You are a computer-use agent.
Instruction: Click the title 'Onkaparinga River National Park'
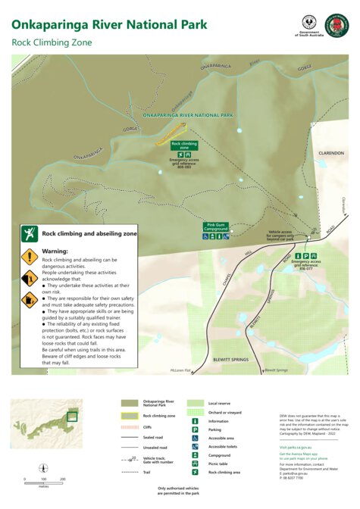109,25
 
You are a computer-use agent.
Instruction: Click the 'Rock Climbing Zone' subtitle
52,43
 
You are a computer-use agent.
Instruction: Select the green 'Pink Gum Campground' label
217,225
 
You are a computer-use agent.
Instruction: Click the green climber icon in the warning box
30,234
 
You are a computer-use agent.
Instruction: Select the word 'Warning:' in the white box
55,251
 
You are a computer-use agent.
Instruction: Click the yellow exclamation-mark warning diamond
29,256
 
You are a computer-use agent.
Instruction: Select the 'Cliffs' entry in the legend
148,428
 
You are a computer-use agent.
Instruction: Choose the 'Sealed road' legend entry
153,437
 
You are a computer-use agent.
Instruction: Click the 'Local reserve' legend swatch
196,404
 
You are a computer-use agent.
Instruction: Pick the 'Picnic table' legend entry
219,464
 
